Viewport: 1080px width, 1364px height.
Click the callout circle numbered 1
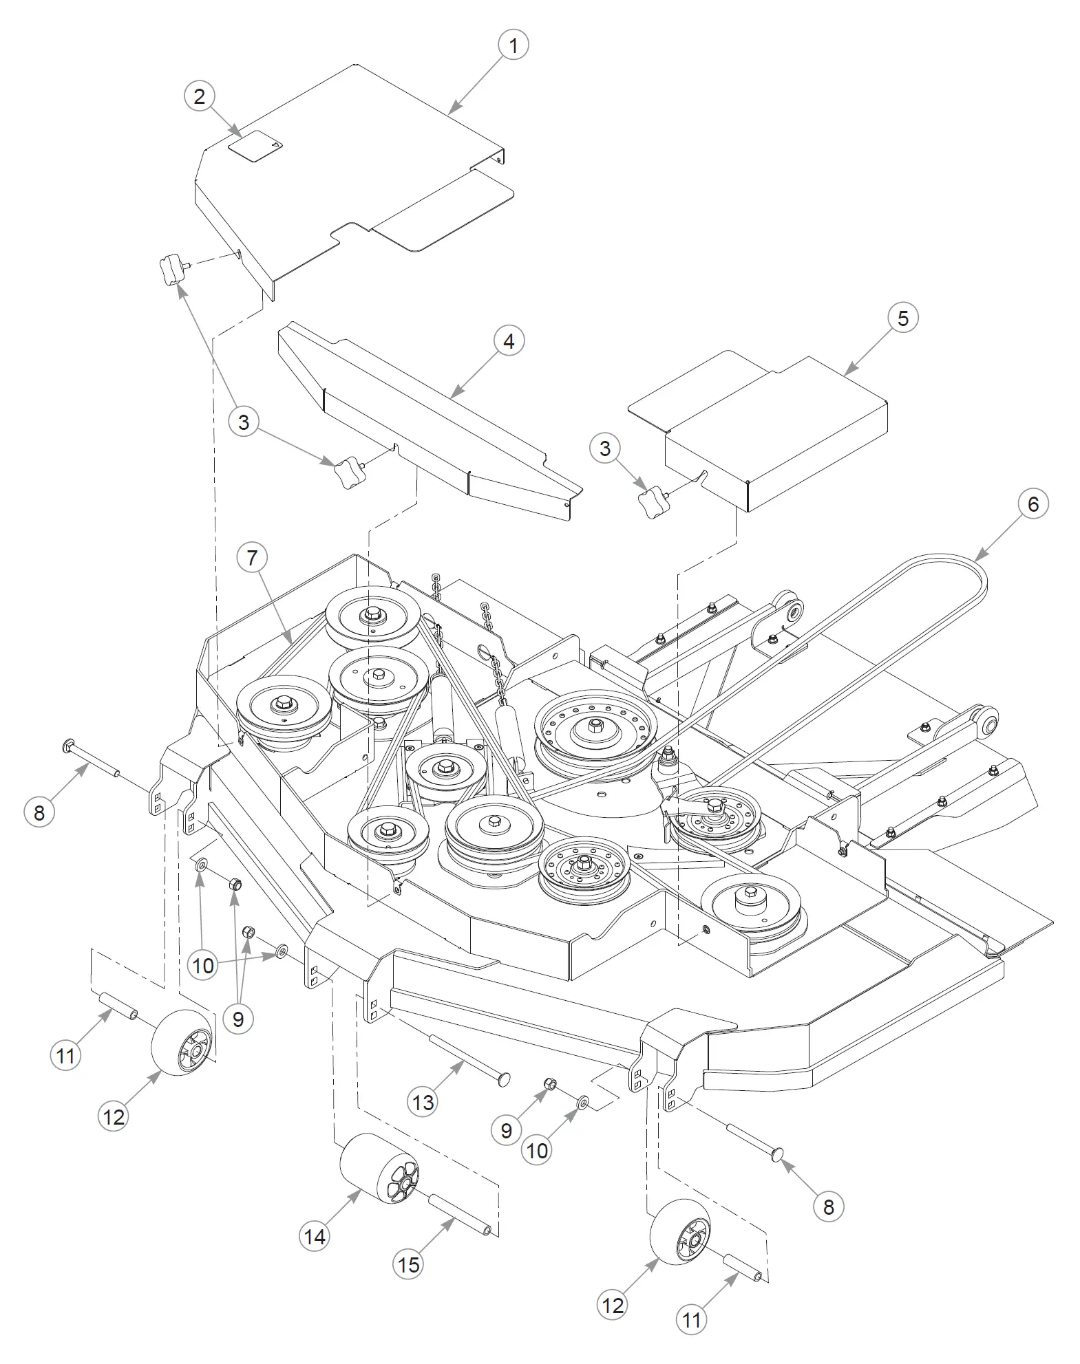[513, 45]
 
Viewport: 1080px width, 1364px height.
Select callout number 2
[200, 96]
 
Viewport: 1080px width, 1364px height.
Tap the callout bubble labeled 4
[509, 341]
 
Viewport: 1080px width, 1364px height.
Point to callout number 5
[902, 318]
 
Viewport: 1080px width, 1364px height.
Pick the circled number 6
[1033, 504]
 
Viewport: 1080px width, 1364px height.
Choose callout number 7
[252, 557]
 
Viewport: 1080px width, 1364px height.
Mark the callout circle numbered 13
[423, 1102]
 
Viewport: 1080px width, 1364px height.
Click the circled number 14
[315, 1237]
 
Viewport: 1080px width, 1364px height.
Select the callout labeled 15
[408, 1264]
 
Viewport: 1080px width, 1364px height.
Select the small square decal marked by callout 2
[256, 146]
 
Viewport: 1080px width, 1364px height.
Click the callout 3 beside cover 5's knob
[604, 448]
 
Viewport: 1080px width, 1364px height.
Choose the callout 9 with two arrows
[238, 1018]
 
